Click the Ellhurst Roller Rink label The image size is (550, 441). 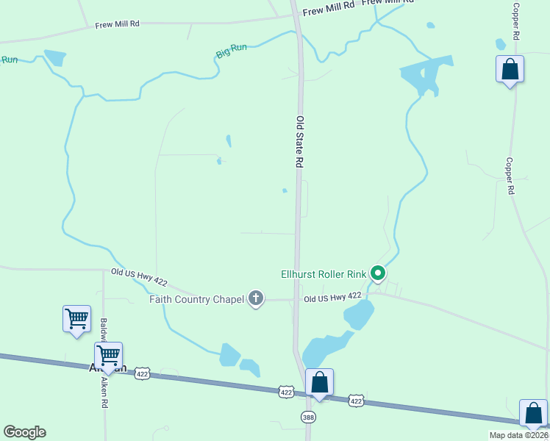point(324,274)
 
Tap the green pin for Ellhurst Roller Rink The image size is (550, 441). point(378,273)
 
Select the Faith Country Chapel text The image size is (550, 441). point(196,298)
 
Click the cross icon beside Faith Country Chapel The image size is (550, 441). point(256,298)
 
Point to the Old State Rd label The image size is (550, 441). point(300,143)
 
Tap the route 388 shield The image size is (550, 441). point(307,417)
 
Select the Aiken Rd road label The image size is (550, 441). point(104,392)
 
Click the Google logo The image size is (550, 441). point(24,432)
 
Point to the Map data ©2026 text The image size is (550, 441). point(518,435)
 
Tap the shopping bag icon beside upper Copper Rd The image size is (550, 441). point(510,71)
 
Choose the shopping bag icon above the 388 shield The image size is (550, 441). point(319,383)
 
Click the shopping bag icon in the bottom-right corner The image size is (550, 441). point(533,414)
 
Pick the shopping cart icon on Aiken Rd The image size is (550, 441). point(108,356)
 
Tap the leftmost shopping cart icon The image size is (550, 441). point(76,319)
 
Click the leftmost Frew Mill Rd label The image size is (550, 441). point(117,25)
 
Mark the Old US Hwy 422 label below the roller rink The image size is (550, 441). point(332,298)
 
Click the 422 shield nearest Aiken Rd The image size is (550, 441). point(143,374)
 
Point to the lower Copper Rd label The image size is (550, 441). point(510,176)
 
